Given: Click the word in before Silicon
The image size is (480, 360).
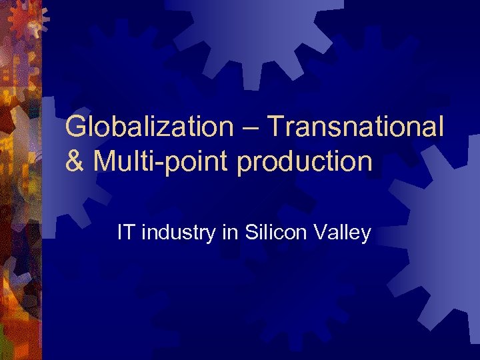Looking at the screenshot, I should [229, 233].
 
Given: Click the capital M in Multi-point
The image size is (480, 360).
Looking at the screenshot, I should [103, 161].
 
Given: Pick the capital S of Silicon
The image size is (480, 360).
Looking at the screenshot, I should [251, 233].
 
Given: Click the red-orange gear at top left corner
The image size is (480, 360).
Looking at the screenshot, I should [27, 20].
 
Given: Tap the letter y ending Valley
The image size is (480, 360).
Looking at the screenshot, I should [365, 235].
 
